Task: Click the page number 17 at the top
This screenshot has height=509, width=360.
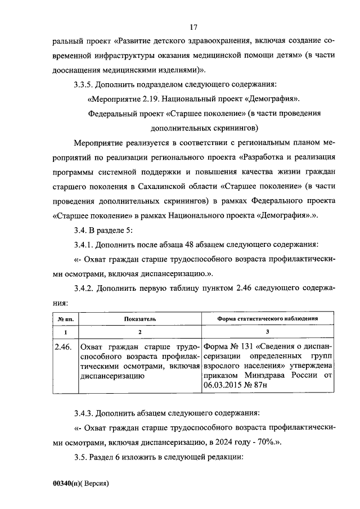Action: pyautogui.click(x=193, y=27)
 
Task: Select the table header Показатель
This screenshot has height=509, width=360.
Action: pyautogui.click(x=140, y=318)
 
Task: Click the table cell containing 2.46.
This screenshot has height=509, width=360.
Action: pyautogui.click(x=64, y=346)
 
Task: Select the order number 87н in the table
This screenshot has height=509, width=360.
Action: pyautogui.click(x=260, y=385)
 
